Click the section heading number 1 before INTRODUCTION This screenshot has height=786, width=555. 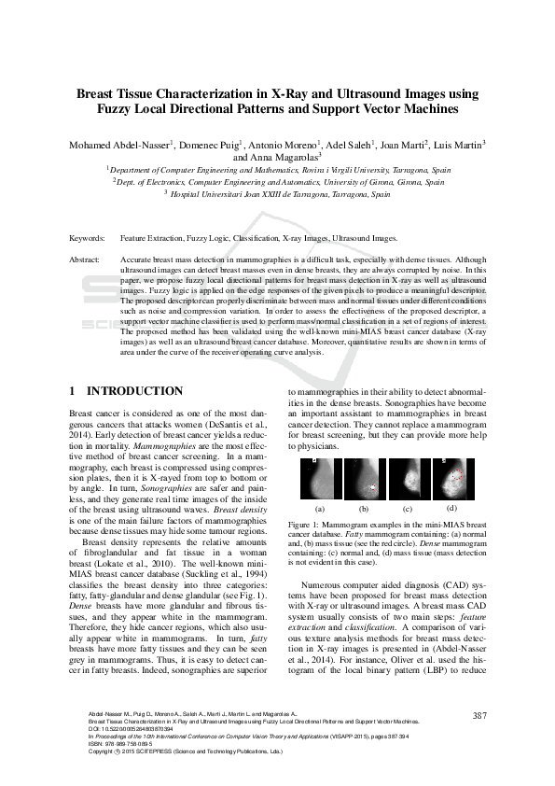click(74, 391)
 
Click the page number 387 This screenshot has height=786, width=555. click(480, 716)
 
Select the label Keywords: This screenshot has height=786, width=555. click(87, 239)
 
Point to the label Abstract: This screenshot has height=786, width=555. click(86, 259)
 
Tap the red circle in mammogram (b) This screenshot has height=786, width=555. click(375, 487)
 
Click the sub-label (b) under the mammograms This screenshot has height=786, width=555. click(363, 510)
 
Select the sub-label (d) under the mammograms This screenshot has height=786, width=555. click(451, 508)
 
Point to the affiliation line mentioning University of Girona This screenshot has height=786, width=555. click(278, 183)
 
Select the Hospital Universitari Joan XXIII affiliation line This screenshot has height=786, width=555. click(277, 195)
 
